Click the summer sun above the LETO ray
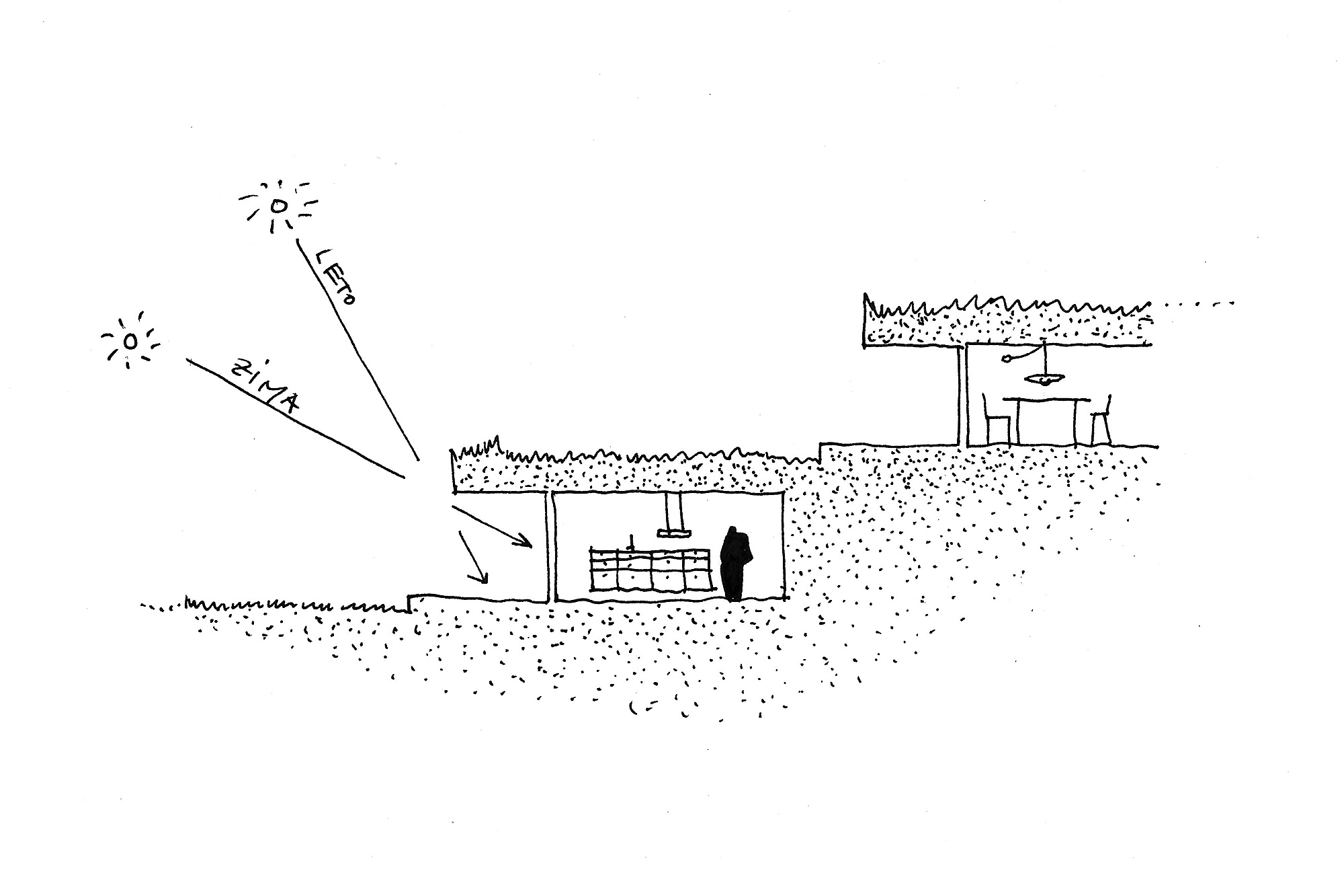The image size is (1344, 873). click(276, 206)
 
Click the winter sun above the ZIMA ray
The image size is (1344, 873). click(130, 342)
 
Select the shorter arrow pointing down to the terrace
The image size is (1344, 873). click(472, 558)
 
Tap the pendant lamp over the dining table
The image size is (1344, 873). click(1043, 379)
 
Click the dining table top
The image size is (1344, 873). click(1046, 400)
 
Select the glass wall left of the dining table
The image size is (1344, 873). click(962, 395)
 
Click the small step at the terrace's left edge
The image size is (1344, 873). click(409, 603)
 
